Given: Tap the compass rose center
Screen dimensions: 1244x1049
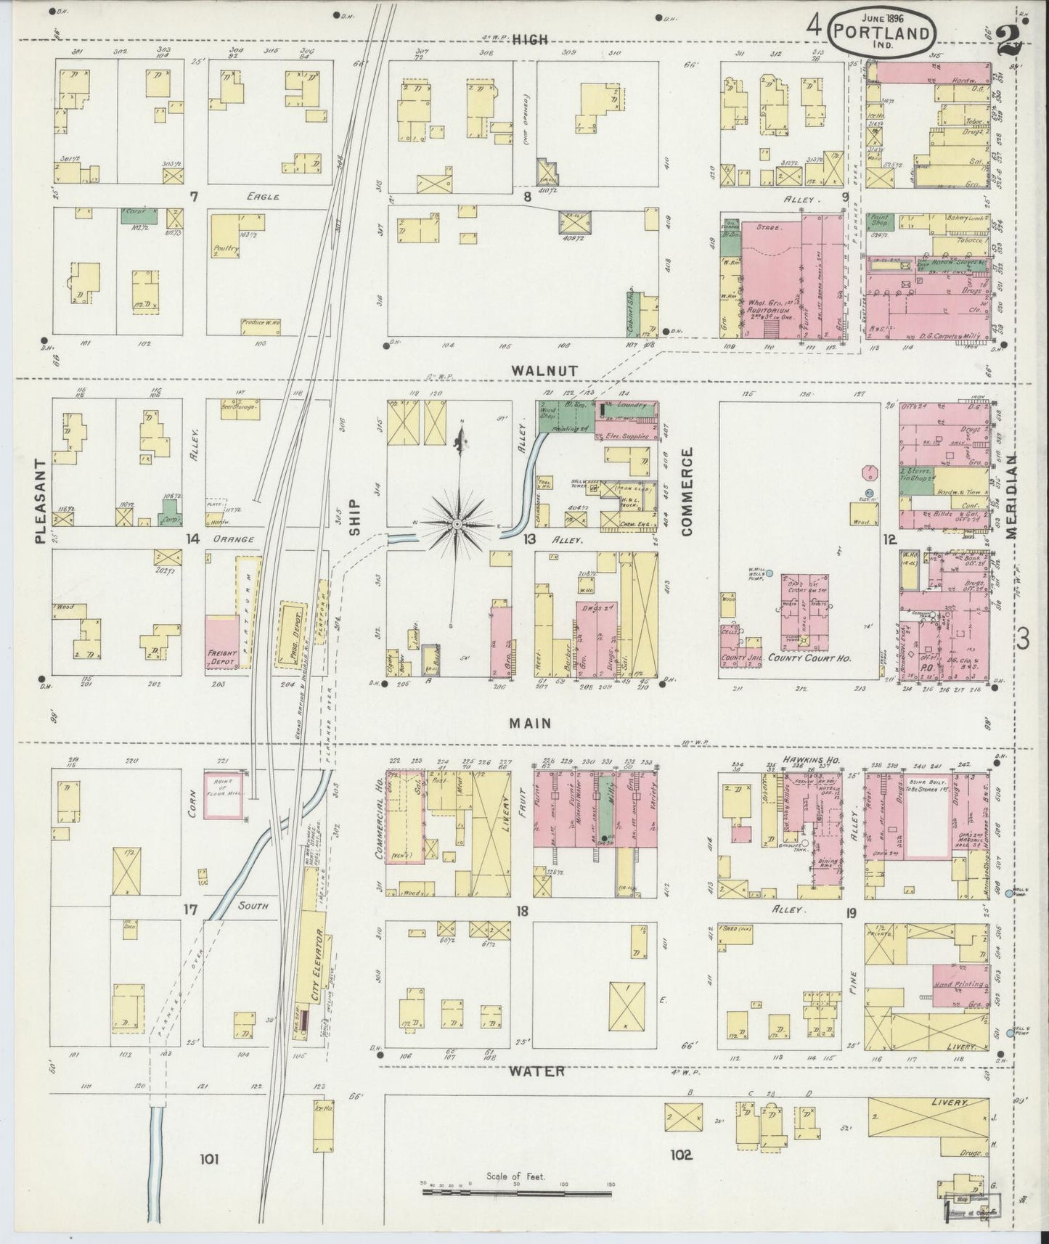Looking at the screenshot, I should [457, 524].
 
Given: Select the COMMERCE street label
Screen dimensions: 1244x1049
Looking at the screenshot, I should [687, 491].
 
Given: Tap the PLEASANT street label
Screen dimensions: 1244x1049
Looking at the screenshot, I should [41, 501].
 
